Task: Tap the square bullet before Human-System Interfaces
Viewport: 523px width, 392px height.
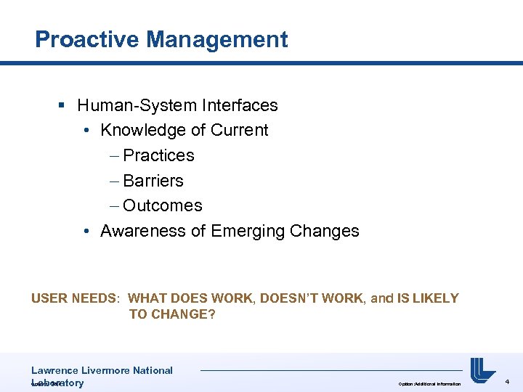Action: click(62, 106)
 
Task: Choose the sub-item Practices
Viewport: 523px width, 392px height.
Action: click(158, 155)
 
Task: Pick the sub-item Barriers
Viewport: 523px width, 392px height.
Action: click(153, 181)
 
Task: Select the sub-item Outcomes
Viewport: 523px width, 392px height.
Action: click(163, 205)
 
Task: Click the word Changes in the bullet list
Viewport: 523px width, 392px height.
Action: click(324, 231)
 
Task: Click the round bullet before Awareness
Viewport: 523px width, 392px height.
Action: click(86, 232)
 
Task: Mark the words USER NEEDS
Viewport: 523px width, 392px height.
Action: click(76, 298)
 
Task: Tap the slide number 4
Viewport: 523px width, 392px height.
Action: click(507, 381)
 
